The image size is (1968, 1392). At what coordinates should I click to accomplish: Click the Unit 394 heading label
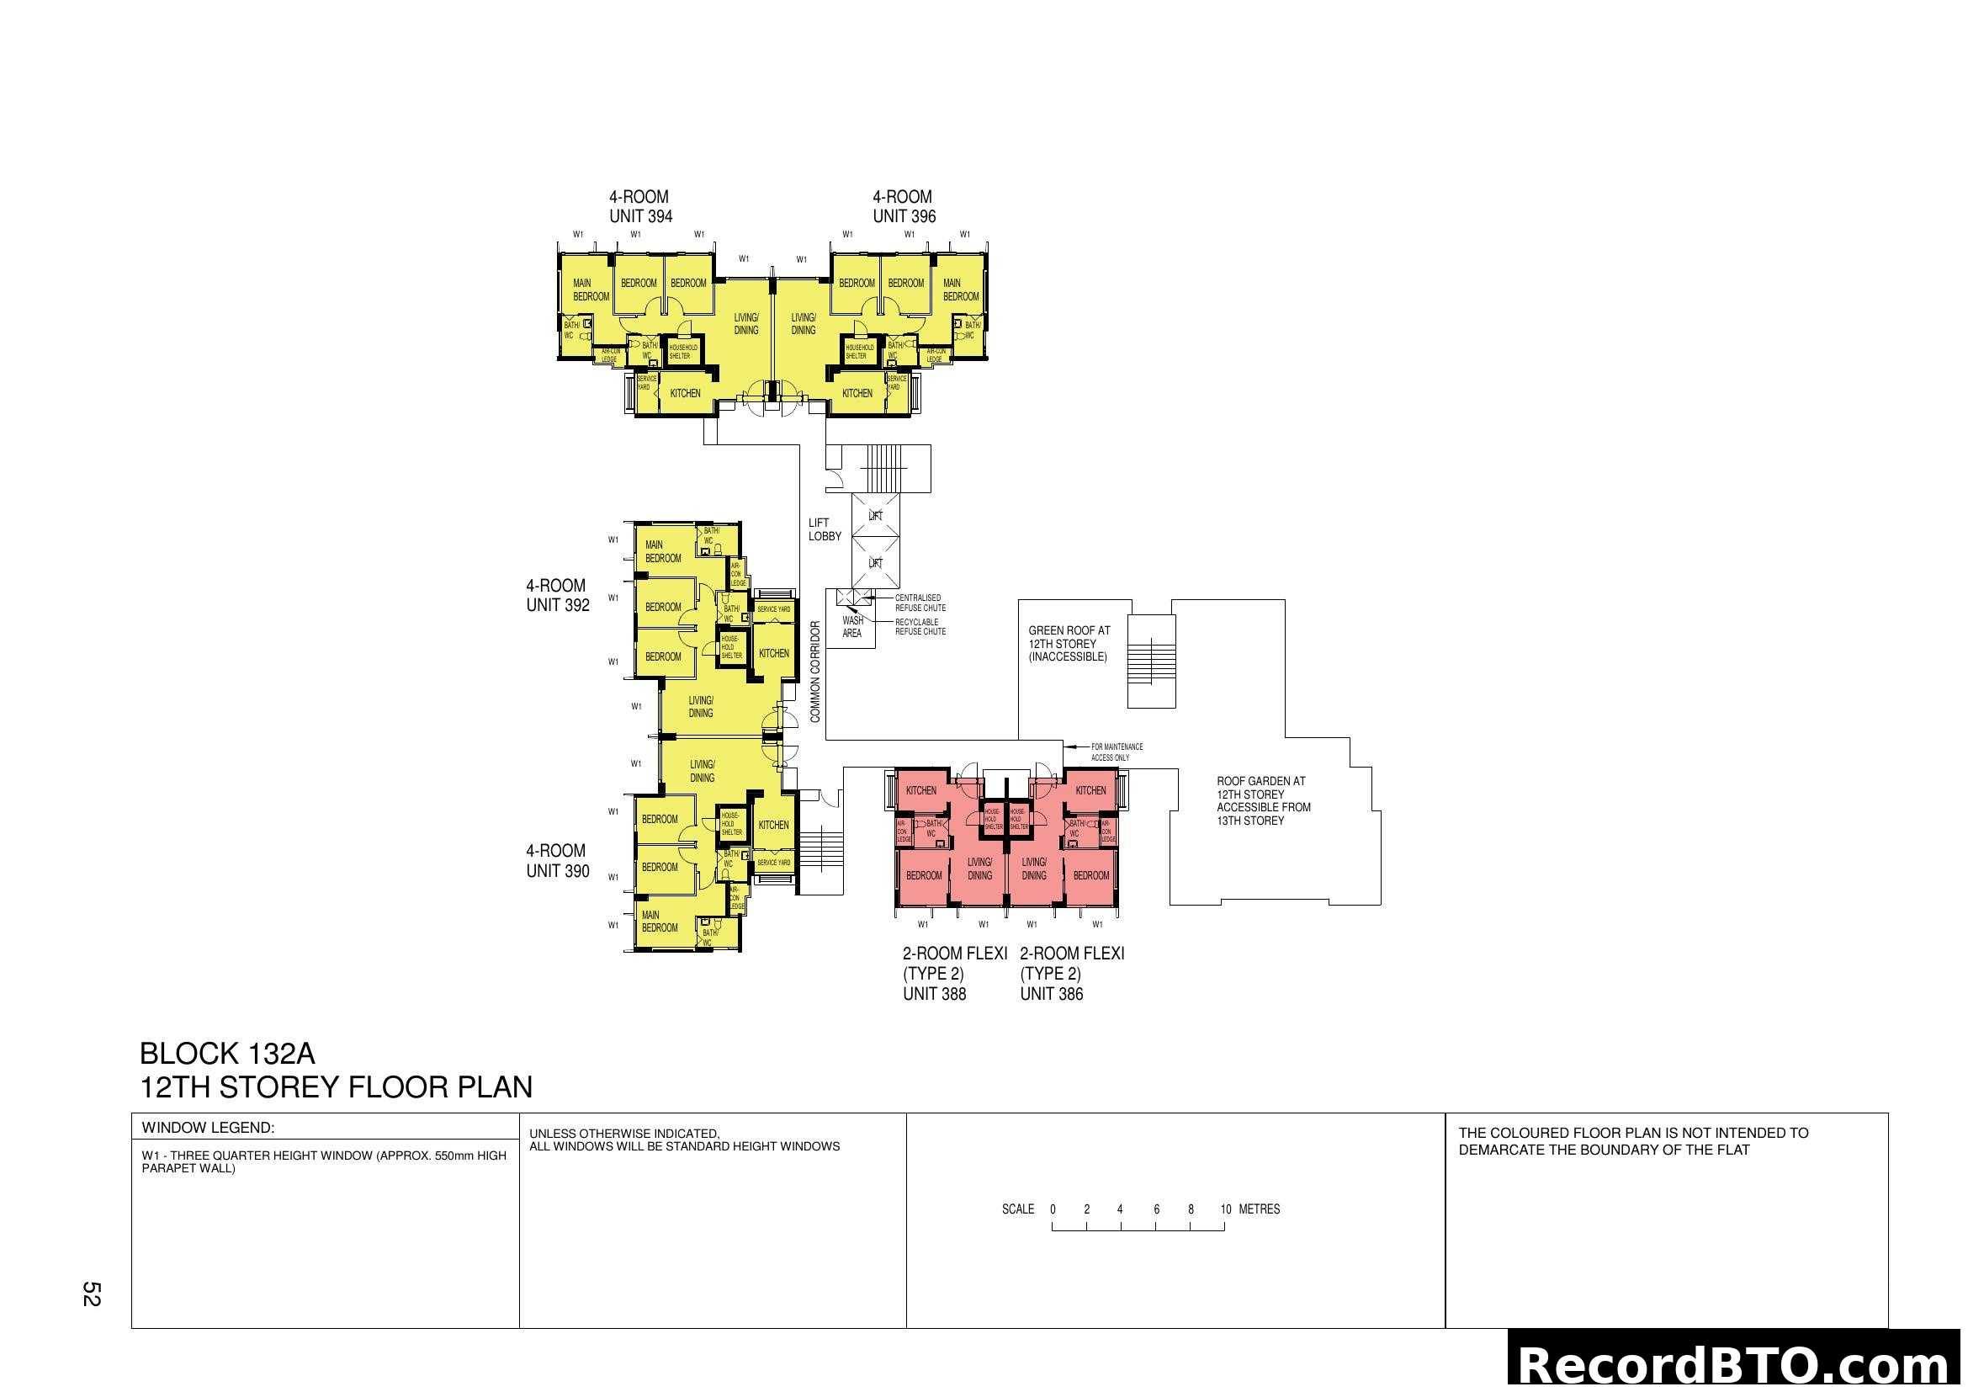pos(640,206)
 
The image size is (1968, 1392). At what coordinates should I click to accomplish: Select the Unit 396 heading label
pos(904,206)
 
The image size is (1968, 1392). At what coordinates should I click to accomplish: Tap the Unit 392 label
pos(557,596)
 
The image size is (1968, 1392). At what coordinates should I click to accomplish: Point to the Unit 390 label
pos(557,861)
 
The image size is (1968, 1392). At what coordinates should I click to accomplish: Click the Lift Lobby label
pos(824,529)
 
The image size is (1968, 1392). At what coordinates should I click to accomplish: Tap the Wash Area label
pos(852,627)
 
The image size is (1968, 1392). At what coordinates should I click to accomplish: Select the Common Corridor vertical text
pos(815,671)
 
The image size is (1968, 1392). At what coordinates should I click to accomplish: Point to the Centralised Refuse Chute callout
pos(920,603)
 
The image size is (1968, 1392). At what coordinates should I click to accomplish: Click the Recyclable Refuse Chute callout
pos(920,627)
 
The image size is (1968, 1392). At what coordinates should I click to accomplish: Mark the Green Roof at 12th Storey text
pos(1069,644)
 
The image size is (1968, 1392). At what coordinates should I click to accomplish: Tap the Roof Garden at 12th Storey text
pos(1263,800)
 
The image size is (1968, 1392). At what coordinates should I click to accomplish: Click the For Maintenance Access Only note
pos(1116,752)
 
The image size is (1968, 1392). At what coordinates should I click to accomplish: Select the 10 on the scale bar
pos(1225,1209)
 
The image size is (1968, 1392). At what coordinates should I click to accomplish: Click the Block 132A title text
pos(227,1054)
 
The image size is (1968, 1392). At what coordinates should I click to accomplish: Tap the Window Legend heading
pos(208,1128)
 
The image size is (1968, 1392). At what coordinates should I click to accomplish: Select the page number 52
pos(91,1294)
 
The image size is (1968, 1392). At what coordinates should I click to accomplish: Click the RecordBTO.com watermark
pos(1737,1365)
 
